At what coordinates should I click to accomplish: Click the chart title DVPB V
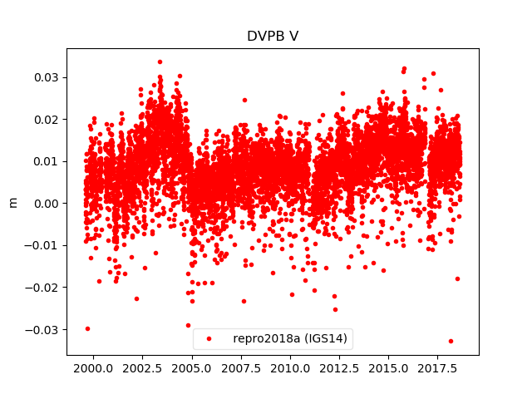tap(272, 37)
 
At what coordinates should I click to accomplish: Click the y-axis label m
tap(12, 202)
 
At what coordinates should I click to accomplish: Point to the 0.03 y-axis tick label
tap(46, 77)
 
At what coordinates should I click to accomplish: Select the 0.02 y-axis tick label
tap(46, 119)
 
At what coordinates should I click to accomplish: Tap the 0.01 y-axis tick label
tap(46, 161)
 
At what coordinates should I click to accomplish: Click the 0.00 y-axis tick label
tap(46, 203)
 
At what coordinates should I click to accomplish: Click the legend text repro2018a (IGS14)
tap(290, 338)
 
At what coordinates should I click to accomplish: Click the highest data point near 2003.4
tap(160, 62)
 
